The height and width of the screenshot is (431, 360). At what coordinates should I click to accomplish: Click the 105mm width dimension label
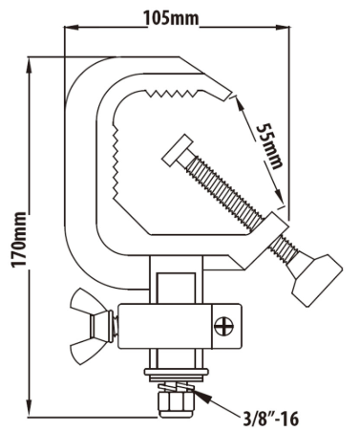171,18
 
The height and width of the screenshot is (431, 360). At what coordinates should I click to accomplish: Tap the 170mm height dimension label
18,240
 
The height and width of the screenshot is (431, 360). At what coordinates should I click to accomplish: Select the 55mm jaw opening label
269,145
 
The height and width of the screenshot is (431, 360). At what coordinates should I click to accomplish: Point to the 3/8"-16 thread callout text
271,419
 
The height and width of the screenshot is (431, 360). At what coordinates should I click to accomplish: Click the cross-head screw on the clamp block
224,327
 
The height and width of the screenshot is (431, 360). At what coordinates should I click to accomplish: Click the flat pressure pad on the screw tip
177,150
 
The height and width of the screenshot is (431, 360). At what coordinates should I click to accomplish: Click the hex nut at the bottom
177,404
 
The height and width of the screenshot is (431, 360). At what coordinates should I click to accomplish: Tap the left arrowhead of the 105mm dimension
71,28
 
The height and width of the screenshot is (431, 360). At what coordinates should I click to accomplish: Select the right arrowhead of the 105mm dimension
283,28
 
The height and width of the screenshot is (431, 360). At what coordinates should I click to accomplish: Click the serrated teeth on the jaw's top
172,93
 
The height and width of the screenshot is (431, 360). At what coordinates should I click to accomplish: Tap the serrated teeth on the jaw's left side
115,160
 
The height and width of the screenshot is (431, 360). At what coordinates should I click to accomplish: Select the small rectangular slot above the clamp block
176,288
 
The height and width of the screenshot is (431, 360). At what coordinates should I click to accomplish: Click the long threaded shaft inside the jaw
225,192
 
